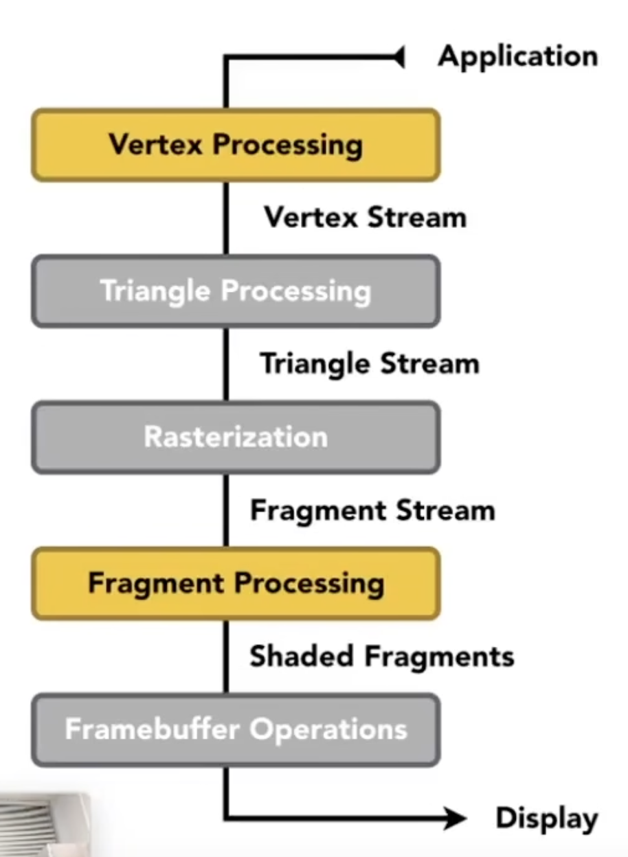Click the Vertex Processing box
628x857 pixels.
pos(235,145)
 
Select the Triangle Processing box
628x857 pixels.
pos(235,291)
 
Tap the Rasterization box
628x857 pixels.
pos(235,437)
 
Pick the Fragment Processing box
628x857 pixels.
pos(235,584)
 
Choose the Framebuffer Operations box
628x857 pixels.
pos(235,730)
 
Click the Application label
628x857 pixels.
pos(517,57)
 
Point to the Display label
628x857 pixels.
pos(547,819)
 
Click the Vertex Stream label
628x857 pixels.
pos(365,218)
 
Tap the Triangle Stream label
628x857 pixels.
pos(369,363)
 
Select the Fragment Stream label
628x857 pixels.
pos(372,510)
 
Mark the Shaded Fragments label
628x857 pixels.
pos(381,656)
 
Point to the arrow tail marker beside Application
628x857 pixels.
pos(398,58)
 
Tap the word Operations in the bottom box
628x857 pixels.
pos(328,730)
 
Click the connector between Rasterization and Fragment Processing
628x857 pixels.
pos(225,510)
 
